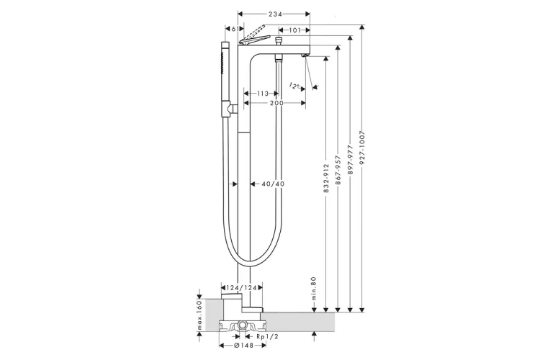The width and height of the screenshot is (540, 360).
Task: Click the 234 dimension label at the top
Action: [x=274, y=14]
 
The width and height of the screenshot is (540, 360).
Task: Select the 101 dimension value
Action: [x=294, y=30]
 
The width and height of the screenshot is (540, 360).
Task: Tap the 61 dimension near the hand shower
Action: [x=232, y=30]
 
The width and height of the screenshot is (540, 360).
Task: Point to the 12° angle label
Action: [x=294, y=86]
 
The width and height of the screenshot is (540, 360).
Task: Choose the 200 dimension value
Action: [x=276, y=104]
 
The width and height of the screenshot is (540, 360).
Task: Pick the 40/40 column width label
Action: [x=273, y=184]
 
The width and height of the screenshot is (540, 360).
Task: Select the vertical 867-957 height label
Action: [x=338, y=171]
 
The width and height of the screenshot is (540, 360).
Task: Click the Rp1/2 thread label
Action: [x=266, y=336]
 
